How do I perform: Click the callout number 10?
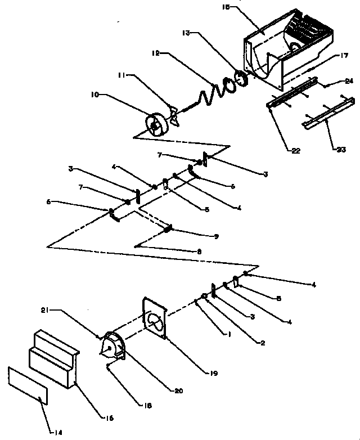[93, 95]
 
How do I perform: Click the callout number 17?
[344, 55]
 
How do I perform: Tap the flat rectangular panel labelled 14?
[28, 385]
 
